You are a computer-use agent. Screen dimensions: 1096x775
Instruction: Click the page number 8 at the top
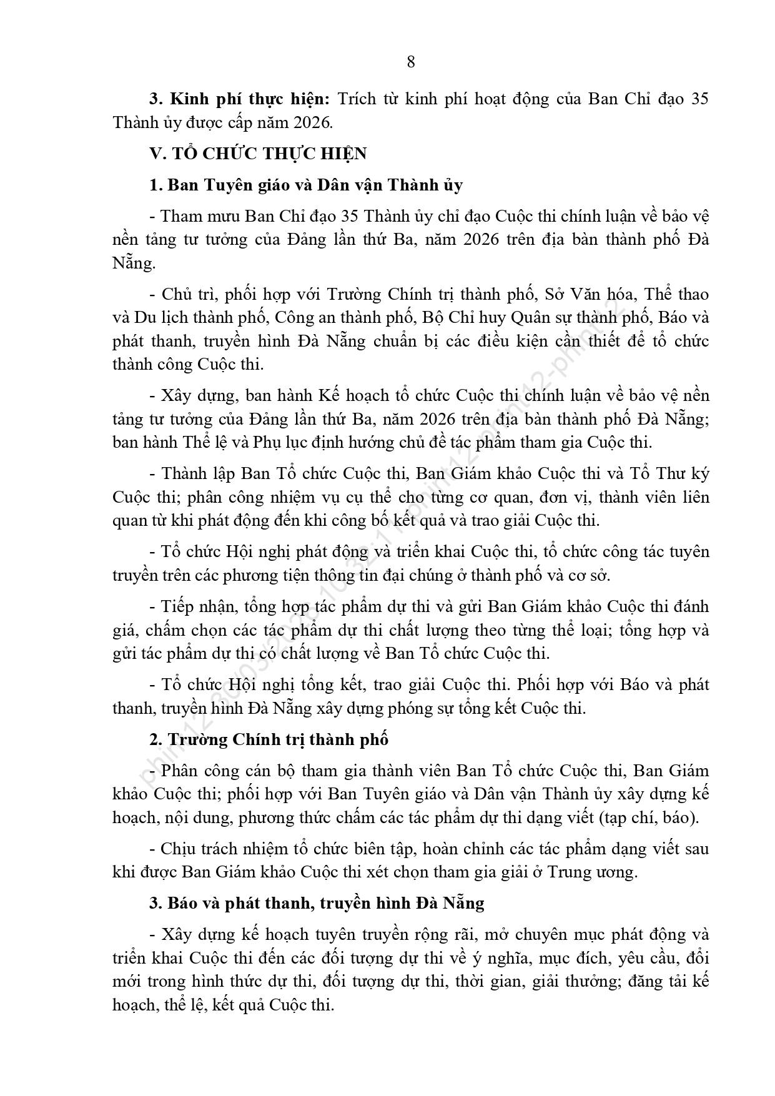[x=410, y=62]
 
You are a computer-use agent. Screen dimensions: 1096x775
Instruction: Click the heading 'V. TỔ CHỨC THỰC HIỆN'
[x=257, y=154]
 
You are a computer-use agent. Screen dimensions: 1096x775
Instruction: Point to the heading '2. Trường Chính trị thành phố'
[x=269, y=739]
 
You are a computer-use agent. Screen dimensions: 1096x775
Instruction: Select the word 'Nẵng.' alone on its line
[x=134, y=263]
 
